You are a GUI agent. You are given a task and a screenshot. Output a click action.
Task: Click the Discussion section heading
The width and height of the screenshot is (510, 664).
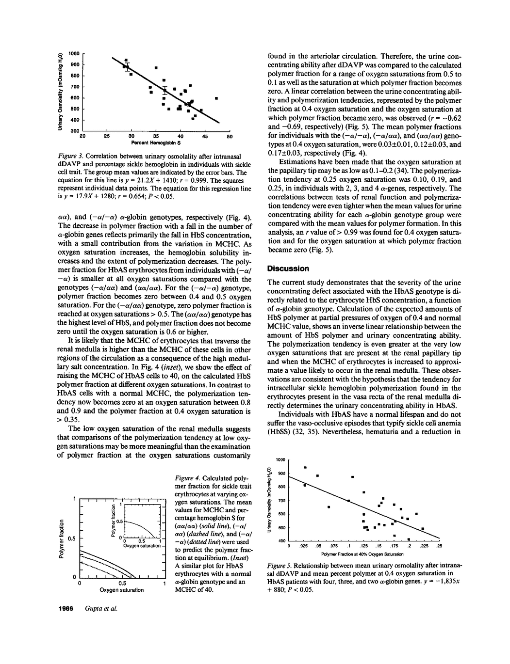[288, 269]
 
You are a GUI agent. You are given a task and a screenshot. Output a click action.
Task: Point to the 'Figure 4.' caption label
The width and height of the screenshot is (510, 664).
[188, 478]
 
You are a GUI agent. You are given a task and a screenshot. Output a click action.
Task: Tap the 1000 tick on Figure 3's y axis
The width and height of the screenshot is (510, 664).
[74, 53]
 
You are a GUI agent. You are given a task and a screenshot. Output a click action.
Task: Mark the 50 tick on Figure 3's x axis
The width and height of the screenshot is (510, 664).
[230, 137]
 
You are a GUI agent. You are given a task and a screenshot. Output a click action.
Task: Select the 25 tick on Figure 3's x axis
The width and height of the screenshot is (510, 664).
[106, 137]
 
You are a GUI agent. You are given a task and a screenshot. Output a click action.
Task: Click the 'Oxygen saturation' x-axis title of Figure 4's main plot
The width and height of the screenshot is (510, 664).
[121, 590]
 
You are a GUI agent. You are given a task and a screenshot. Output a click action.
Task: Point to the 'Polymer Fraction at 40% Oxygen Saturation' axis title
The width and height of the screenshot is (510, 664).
[362, 553]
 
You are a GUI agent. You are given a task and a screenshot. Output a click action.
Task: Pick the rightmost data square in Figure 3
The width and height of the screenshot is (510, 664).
[216, 98]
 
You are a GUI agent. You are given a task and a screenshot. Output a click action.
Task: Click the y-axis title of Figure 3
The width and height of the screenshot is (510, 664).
[61, 91]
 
